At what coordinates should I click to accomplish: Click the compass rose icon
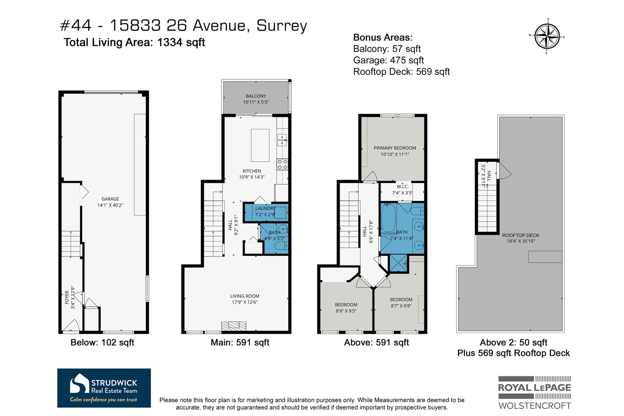(x=547, y=37)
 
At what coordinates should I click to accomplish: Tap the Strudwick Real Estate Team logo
(x=104, y=388)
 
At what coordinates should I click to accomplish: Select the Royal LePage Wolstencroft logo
(x=534, y=393)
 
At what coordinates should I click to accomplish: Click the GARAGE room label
(x=110, y=199)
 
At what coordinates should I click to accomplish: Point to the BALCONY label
(x=256, y=96)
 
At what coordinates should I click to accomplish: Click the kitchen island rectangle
(x=260, y=145)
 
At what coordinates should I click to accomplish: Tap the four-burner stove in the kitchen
(x=282, y=164)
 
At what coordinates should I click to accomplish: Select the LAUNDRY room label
(x=265, y=208)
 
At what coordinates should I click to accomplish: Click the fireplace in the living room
(x=234, y=326)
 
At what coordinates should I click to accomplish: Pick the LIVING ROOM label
(x=245, y=296)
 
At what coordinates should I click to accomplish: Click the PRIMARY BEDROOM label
(x=395, y=148)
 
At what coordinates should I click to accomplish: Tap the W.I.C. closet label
(x=402, y=186)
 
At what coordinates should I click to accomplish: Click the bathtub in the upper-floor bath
(x=388, y=219)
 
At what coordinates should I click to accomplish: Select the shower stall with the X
(x=399, y=263)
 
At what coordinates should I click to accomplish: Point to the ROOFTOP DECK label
(x=521, y=235)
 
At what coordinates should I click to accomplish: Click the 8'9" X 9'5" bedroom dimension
(x=346, y=311)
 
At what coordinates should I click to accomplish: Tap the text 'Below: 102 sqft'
(x=102, y=342)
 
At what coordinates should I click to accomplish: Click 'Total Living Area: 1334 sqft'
(x=134, y=42)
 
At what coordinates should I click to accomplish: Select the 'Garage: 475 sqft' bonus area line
(x=388, y=60)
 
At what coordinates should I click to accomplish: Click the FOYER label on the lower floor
(x=67, y=297)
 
